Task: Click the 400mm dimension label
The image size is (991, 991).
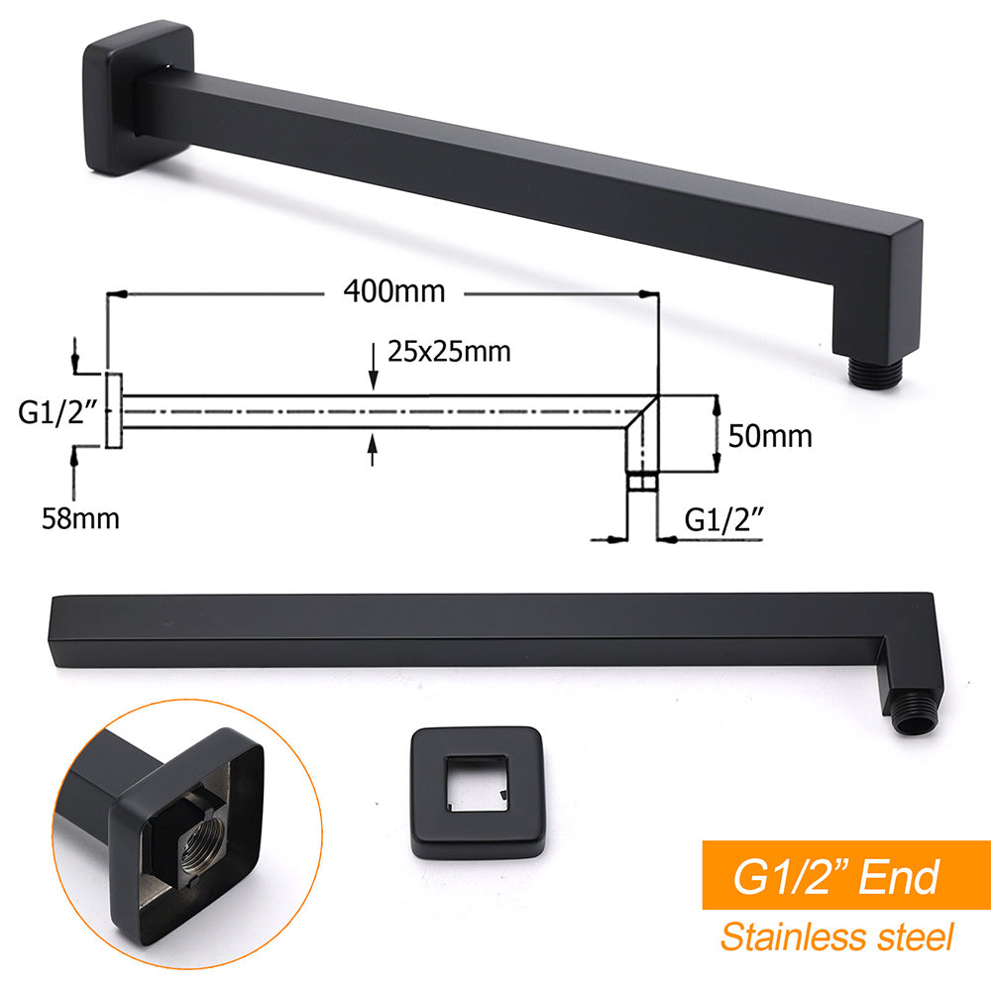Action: (394, 291)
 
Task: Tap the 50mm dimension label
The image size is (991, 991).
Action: (770, 435)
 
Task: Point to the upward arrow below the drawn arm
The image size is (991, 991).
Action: (373, 450)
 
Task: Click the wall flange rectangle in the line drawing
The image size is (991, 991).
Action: (114, 410)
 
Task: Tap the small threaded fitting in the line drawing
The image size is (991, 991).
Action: (642, 483)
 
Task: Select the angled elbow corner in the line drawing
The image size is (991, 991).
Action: (642, 410)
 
